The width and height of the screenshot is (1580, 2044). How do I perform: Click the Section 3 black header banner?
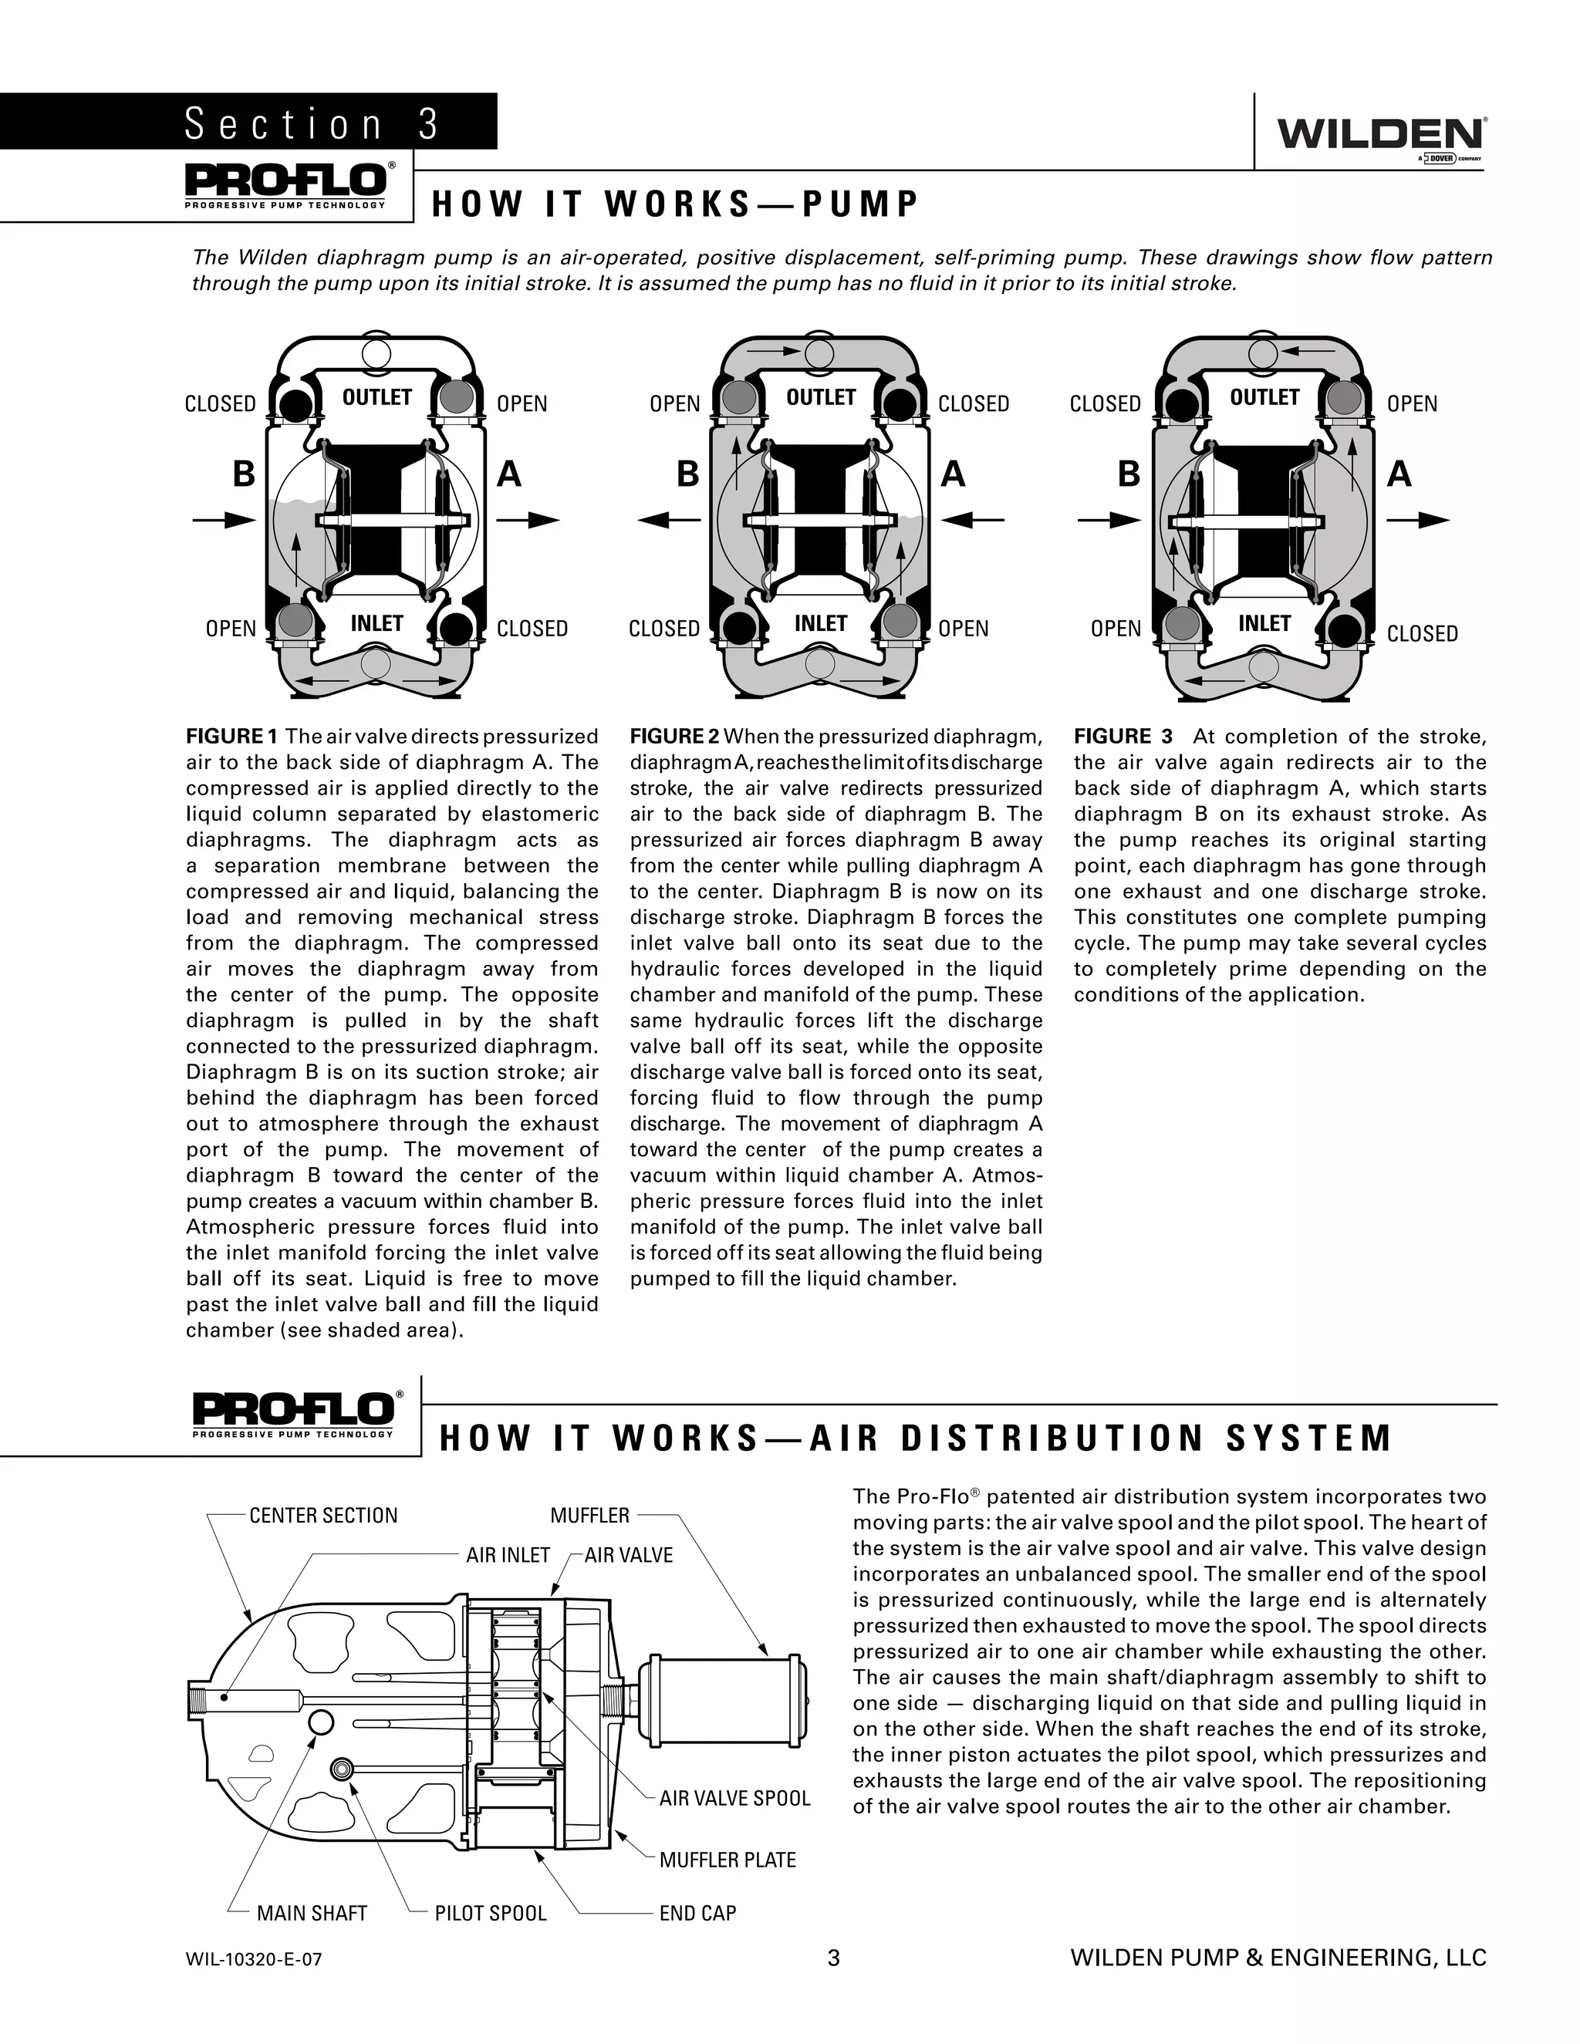coord(248,123)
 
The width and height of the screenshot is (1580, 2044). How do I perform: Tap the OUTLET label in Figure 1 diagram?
coord(376,398)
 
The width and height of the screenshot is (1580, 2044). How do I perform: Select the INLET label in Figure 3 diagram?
coord(1264,623)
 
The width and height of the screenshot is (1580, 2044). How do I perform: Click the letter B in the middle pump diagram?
coord(688,475)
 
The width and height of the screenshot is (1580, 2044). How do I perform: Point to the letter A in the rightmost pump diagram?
coord(1399,475)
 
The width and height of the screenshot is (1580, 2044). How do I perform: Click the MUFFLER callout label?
coord(589,1515)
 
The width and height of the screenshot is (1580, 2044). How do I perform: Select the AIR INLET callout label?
coord(508,1556)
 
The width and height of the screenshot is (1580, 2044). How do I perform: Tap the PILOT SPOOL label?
coord(491,1913)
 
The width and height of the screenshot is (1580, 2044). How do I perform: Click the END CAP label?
coord(697,1913)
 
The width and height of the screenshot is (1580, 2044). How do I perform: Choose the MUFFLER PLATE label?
coord(728,1860)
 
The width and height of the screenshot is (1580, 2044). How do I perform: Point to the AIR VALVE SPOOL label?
coord(734,1798)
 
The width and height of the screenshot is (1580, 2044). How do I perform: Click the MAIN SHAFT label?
coord(312,1913)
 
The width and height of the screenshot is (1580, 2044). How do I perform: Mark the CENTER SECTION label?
coord(323,1515)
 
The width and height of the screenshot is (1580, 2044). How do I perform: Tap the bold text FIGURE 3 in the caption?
coord(1123,737)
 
